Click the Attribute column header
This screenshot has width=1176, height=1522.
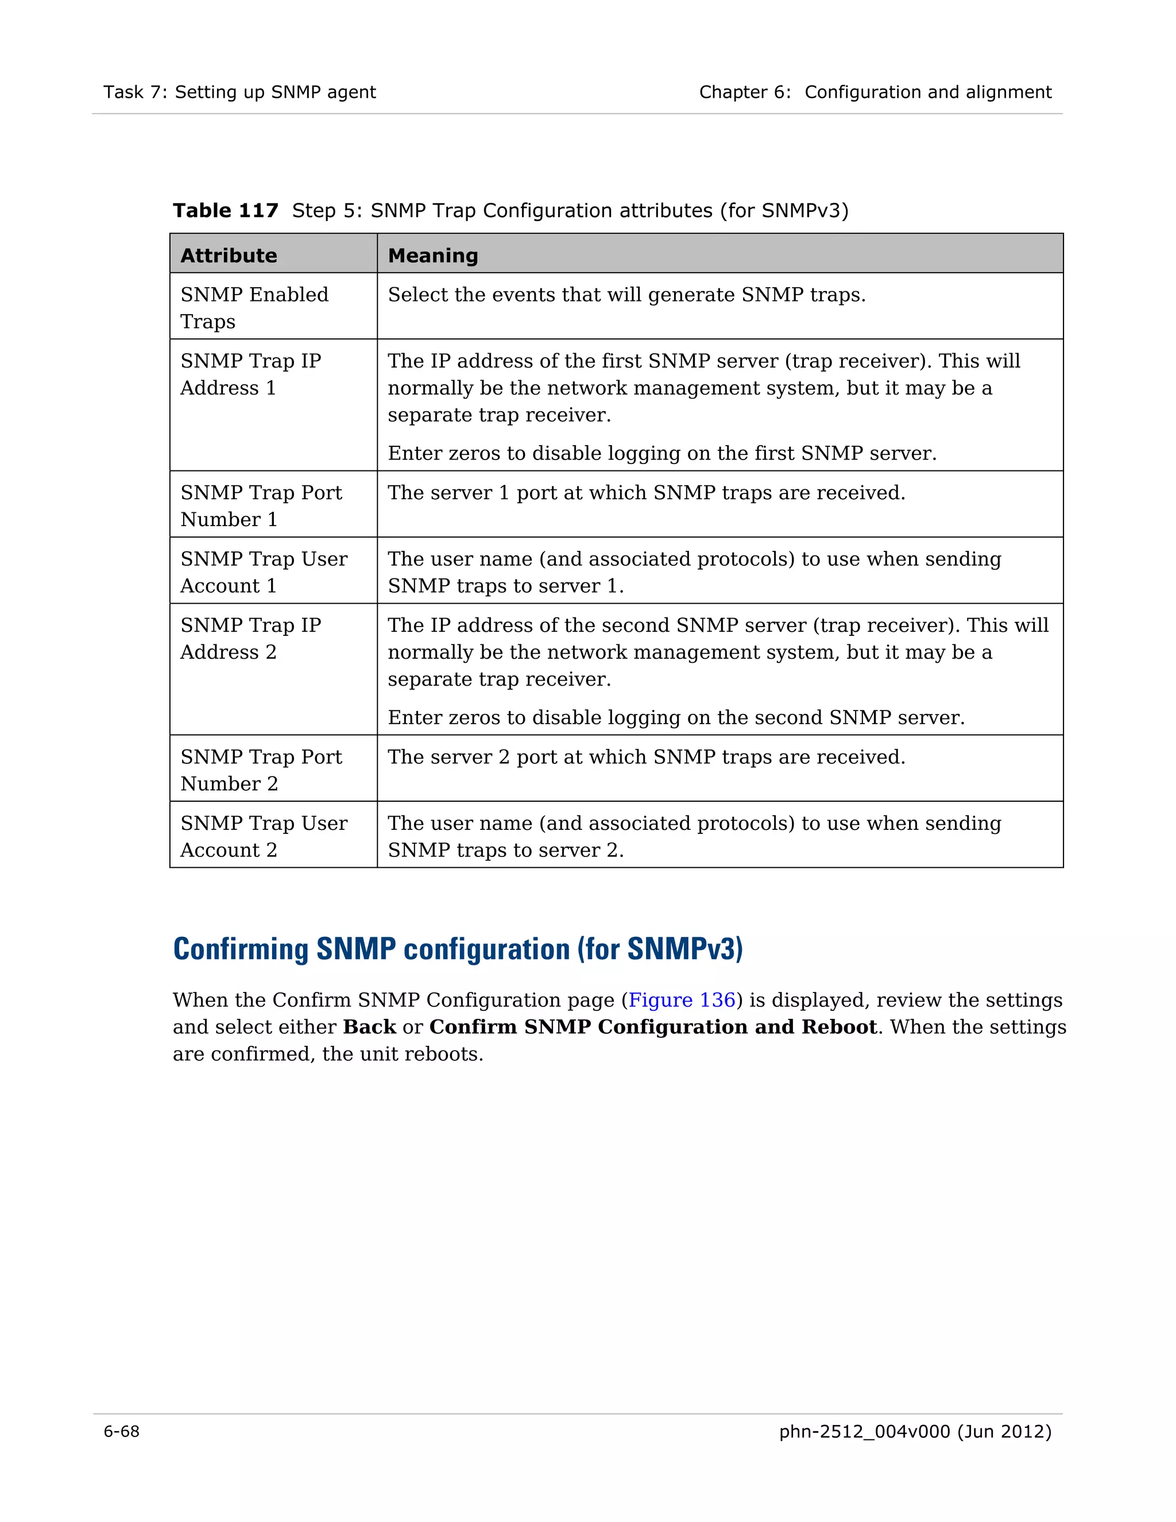(x=229, y=256)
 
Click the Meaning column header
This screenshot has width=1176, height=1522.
(x=432, y=256)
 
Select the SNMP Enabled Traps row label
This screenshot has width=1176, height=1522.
(x=254, y=307)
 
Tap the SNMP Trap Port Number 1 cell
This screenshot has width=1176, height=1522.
(x=261, y=505)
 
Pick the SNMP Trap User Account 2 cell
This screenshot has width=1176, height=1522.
(x=264, y=836)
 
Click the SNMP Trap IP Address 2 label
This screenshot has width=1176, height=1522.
(x=250, y=638)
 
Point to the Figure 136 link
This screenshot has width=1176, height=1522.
(x=682, y=1000)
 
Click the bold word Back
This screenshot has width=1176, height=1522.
(x=369, y=1027)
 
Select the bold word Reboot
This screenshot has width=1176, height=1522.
(x=839, y=1027)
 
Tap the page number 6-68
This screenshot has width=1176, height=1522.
(x=121, y=1431)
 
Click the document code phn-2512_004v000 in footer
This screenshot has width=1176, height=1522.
(x=864, y=1431)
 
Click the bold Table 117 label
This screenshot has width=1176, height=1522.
(x=225, y=210)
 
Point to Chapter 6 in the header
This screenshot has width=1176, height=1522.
(x=744, y=92)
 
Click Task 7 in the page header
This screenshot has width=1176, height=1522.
(x=134, y=92)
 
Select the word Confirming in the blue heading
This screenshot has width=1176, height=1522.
(x=242, y=949)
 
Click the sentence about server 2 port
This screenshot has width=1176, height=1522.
(x=646, y=757)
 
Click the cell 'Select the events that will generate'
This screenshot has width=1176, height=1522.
(x=626, y=295)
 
